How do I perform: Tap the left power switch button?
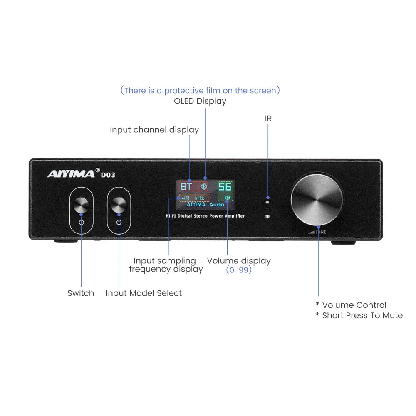[x=81, y=205]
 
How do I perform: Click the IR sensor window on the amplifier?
[x=267, y=203]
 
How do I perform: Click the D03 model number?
[x=108, y=175]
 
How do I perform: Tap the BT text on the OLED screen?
[x=186, y=186]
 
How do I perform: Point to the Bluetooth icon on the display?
[x=204, y=186]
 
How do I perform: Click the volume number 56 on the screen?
[x=225, y=186]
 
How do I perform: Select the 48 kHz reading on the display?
[x=193, y=198]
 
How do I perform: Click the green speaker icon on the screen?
[x=227, y=198]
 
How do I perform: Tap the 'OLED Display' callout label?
[x=200, y=101]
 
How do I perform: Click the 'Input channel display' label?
[x=154, y=130]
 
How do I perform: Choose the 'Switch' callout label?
[x=81, y=293]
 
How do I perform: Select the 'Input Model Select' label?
[x=144, y=293]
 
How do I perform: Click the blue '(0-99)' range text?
[x=239, y=270]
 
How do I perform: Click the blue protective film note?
[x=201, y=90]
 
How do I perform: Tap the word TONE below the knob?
[x=321, y=232]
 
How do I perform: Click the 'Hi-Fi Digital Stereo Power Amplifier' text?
[x=205, y=216]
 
